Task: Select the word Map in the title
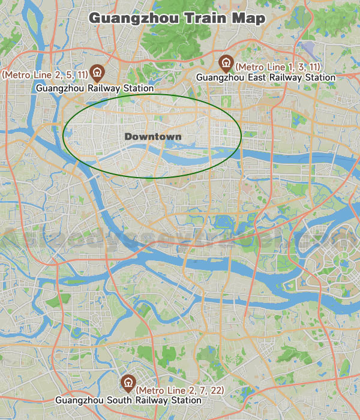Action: (246, 19)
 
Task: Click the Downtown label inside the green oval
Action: (153, 137)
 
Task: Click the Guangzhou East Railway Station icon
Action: (226, 62)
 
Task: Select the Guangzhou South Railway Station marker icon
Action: (128, 382)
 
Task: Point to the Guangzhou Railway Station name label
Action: (95, 88)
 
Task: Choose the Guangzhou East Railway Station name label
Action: (266, 77)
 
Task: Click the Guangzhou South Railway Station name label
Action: (128, 400)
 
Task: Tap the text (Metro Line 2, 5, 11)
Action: (46, 74)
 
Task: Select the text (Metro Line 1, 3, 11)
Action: (278, 66)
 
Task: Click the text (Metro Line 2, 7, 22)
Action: (181, 391)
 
